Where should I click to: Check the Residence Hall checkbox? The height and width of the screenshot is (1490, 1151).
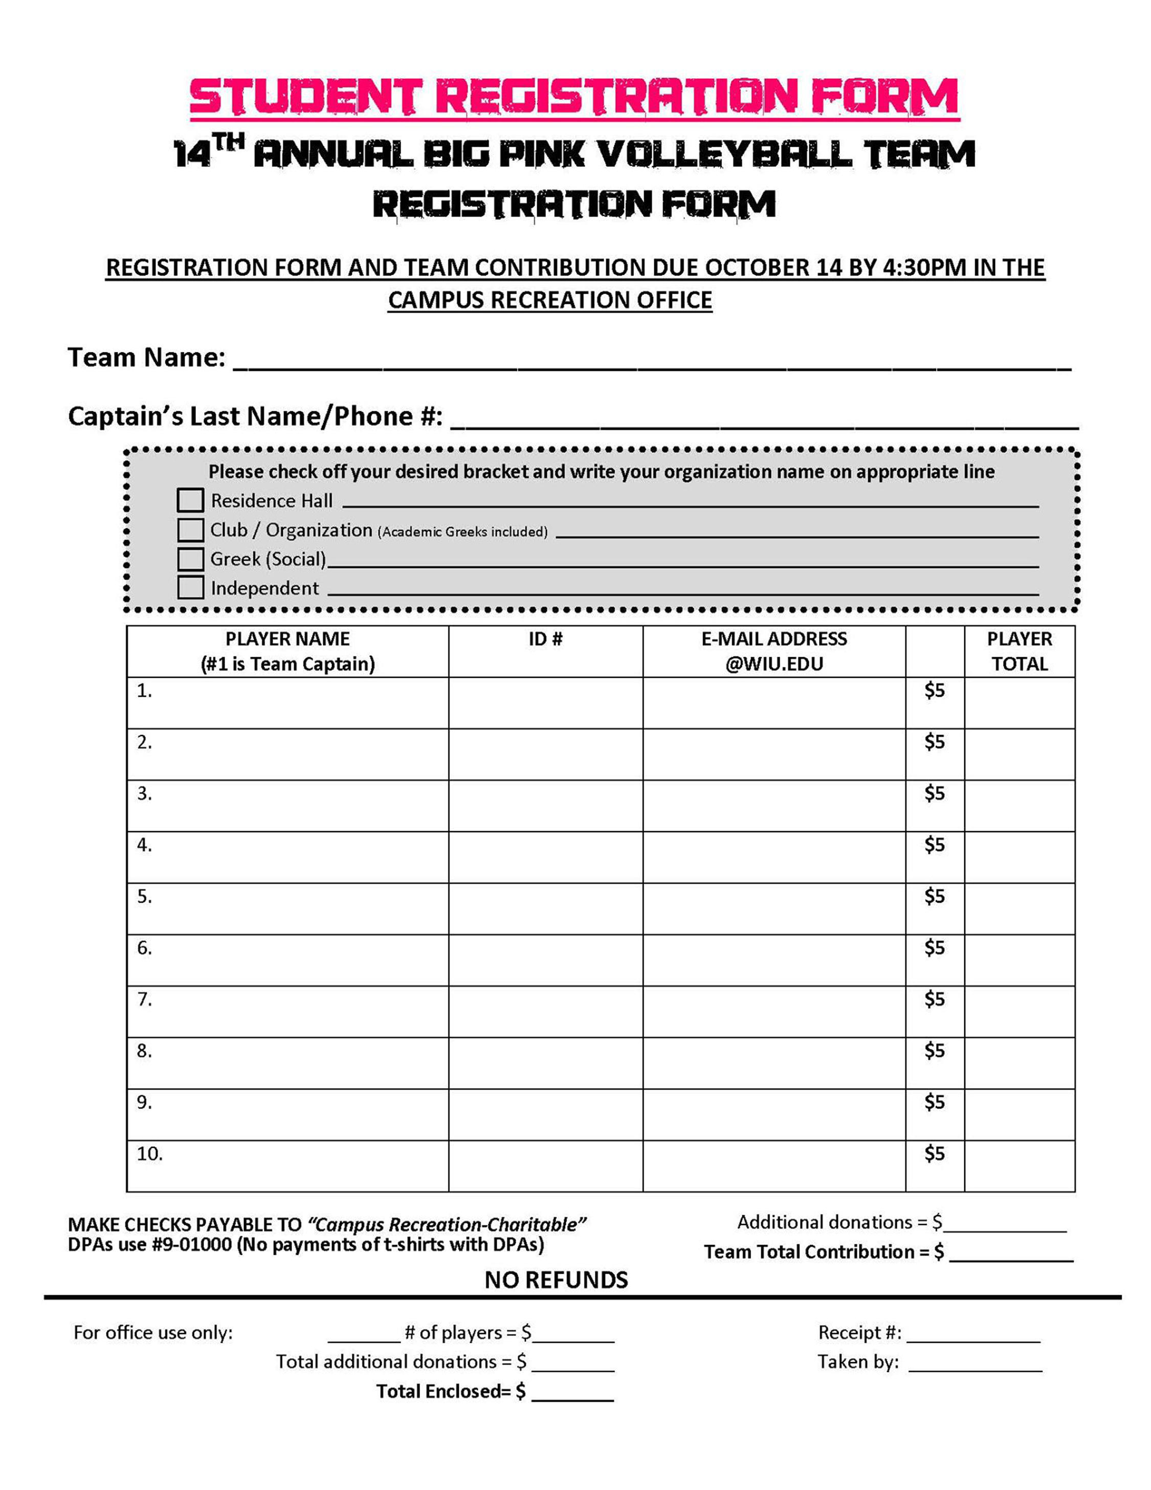[x=190, y=500]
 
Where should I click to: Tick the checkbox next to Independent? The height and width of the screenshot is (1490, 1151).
[x=190, y=587]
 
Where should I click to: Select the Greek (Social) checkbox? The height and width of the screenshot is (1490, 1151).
[x=190, y=559]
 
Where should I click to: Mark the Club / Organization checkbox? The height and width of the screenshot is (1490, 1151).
[x=190, y=529]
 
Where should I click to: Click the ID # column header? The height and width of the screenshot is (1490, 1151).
[x=545, y=639]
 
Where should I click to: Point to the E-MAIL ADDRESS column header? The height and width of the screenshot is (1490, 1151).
[x=773, y=652]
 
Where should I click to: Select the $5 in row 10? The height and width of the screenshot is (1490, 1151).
[x=934, y=1153]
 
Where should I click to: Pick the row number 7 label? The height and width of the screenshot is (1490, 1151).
[x=144, y=999]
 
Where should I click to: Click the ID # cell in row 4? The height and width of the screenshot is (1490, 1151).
[x=545, y=857]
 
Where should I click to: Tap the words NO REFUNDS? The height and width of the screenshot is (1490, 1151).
[x=556, y=1280]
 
